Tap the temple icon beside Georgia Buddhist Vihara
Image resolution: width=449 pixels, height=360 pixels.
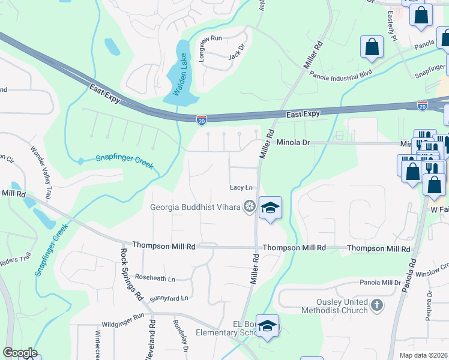249,208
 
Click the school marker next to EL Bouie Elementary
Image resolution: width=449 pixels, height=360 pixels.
268,326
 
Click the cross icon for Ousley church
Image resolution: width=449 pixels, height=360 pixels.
376,306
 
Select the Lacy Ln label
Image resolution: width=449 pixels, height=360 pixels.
239,188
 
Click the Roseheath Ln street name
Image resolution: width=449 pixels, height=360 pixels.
155,278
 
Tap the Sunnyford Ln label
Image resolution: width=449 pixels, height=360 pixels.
169,298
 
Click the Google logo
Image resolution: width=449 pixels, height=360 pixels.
19,353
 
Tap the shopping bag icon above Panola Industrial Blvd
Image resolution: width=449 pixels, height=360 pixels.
372,47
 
